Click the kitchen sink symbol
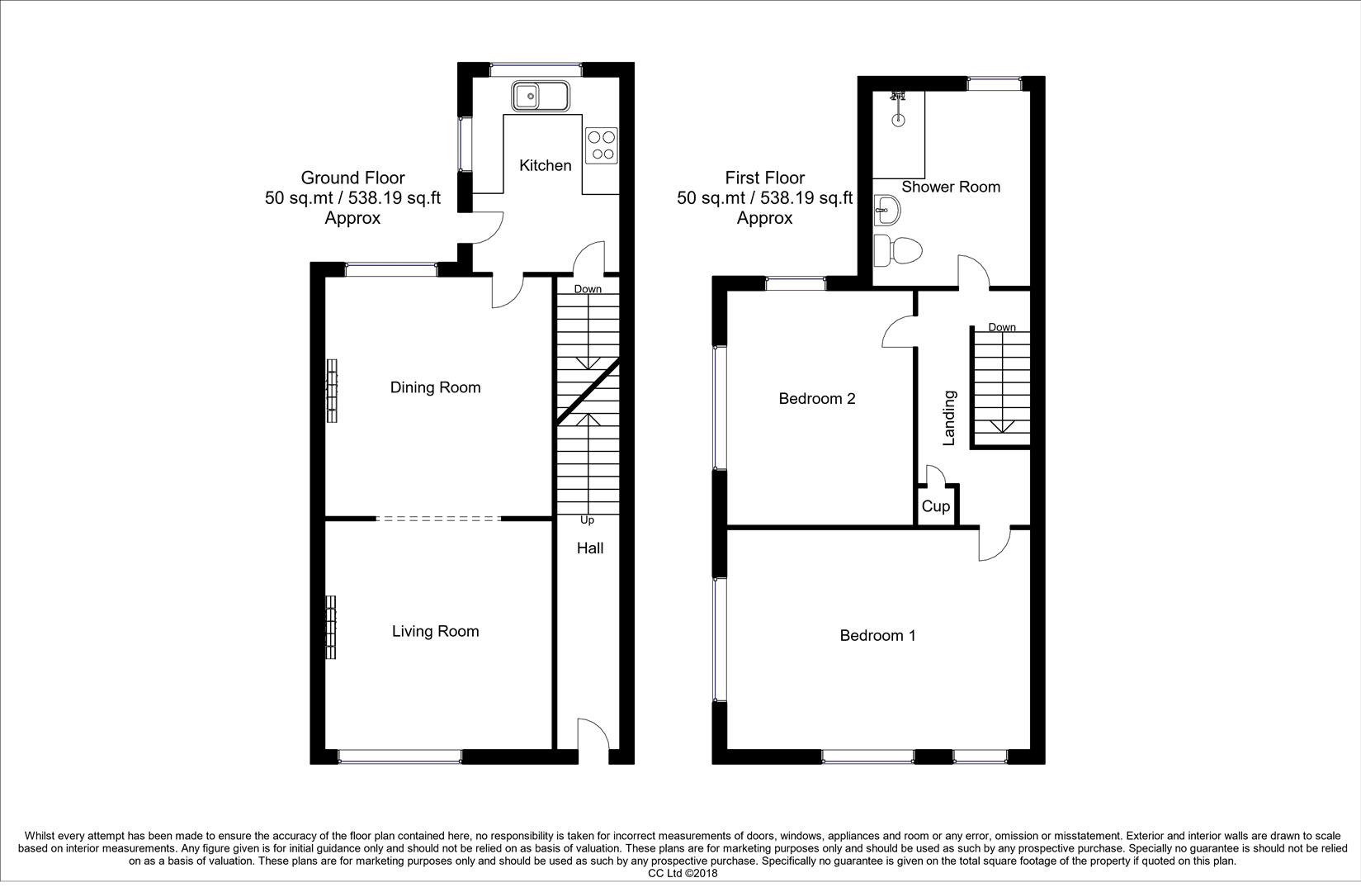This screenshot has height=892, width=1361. (539, 96)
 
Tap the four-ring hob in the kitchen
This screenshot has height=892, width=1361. (602, 145)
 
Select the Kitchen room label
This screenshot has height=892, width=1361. (545, 165)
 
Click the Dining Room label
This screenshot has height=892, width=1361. (435, 387)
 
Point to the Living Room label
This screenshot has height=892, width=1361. (435, 631)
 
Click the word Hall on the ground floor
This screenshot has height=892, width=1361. (589, 548)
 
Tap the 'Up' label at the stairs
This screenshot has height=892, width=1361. (588, 520)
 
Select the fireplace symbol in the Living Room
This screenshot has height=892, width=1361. (331, 628)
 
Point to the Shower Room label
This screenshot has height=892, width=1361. (951, 187)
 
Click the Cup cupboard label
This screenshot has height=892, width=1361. (935, 506)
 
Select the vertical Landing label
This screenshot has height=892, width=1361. (949, 418)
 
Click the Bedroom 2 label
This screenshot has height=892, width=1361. (817, 399)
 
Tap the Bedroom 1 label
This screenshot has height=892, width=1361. (877, 635)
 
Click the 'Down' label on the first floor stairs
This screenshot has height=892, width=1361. (1002, 327)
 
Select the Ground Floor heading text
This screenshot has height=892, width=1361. (352, 178)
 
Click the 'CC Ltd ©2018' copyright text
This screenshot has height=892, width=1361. (683, 873)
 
